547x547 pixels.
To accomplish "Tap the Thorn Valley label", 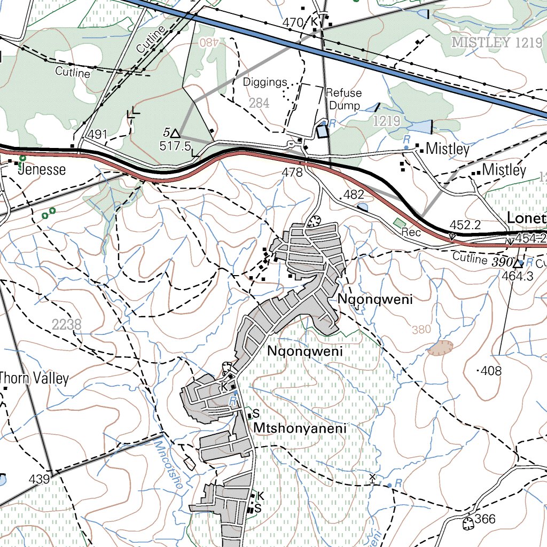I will click(x=35, y=379).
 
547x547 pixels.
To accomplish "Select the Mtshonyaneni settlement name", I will click(x=300, y=428).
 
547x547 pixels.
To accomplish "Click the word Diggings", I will click(x=265, y=82).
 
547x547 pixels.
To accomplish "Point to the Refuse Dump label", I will click(x=343, y=99).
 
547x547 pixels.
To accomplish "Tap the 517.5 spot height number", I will click(x=175, y=145).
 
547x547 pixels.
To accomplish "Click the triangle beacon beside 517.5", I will click(x=175, y=132).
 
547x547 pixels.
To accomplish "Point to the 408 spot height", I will click(x=490, y=371).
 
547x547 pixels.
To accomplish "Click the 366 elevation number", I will click(x=485, y=519).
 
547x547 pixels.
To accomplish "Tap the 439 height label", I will click(x=40, y=479).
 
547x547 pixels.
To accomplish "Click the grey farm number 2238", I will click(x=67, y=324).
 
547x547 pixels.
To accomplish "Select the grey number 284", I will click(x=259, y=103).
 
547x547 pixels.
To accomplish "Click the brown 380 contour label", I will click(x=421, y=330).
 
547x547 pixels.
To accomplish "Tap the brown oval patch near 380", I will click(x=440, y=348).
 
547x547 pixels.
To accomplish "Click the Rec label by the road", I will click(x=411, y=233).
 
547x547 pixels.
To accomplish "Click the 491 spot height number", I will click(x=99, y=134).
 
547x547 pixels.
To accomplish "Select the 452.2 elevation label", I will click(x=466, y=224).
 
